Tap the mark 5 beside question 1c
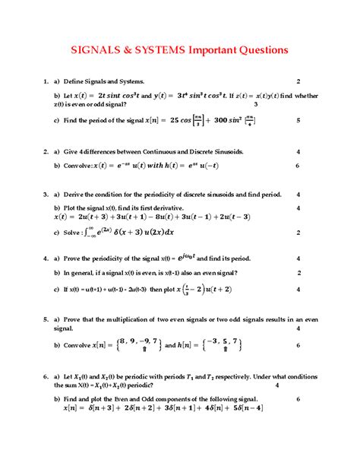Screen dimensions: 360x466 pyautogui.click(x=298, y=120)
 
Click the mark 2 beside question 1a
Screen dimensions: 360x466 pyautogui.click(x=298, y=81)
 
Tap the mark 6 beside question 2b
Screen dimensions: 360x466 pyautogui.click(x=298, y=165)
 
